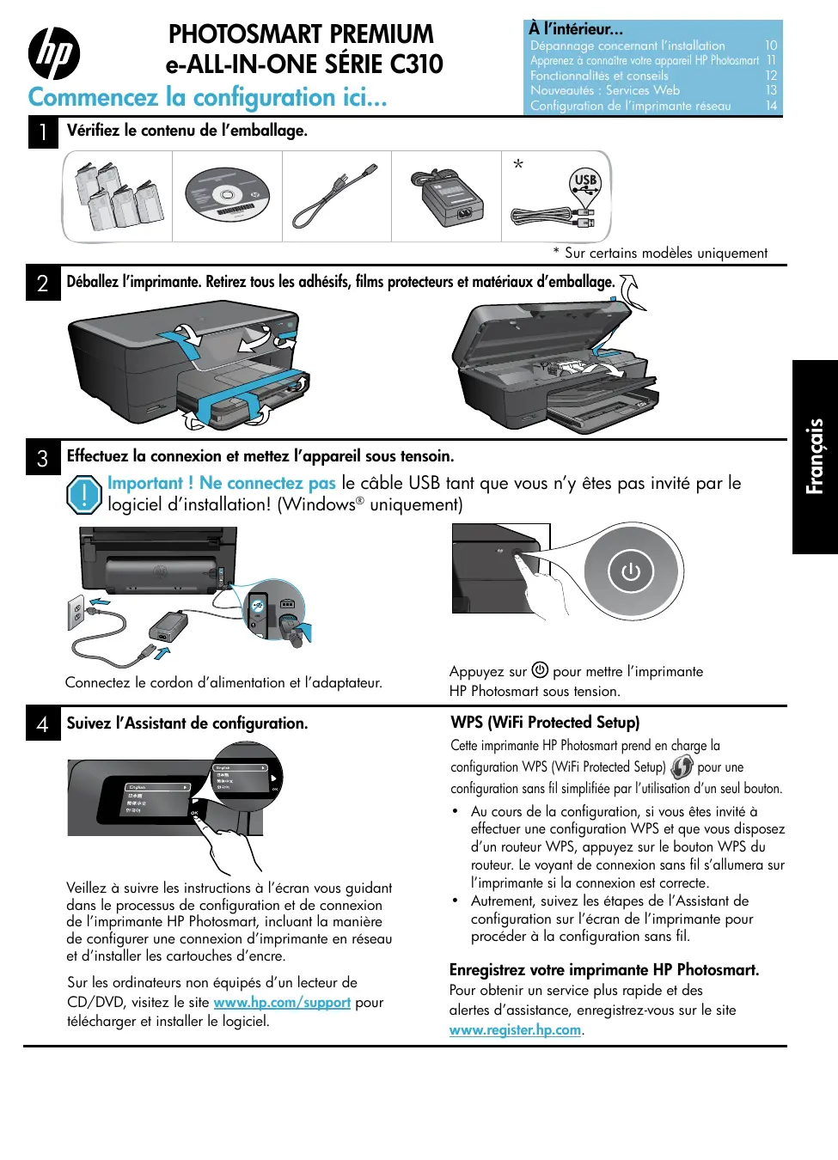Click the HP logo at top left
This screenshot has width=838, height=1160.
click(54, 53)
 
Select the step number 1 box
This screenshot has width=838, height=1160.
click(43, 132)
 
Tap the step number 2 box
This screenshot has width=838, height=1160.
click(43, 284)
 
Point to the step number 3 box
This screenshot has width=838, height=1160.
click(43, 458)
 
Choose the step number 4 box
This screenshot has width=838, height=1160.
click(43, 724)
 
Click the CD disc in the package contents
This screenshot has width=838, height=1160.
click(227, 196)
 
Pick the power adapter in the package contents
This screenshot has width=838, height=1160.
click(447, 198)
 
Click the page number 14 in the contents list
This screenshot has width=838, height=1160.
click(771, 106)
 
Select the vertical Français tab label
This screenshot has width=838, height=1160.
click(815, 456)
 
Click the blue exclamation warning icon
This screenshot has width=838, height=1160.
click(84, 495)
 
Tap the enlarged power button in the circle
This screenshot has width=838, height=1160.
click(631, 571)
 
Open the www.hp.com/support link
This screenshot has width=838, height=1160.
click(282, 1002)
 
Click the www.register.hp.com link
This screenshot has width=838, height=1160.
click(515, 1029)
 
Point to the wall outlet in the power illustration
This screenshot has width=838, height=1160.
click(76, 614)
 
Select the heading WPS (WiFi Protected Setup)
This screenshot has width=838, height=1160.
click(545, 723)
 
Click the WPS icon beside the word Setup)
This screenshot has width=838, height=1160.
click(682, 766)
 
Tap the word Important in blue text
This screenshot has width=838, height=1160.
click(144, 483)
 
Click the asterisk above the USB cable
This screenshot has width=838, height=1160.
click(518, 164)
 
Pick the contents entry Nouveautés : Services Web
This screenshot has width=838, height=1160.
click(605, 90)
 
